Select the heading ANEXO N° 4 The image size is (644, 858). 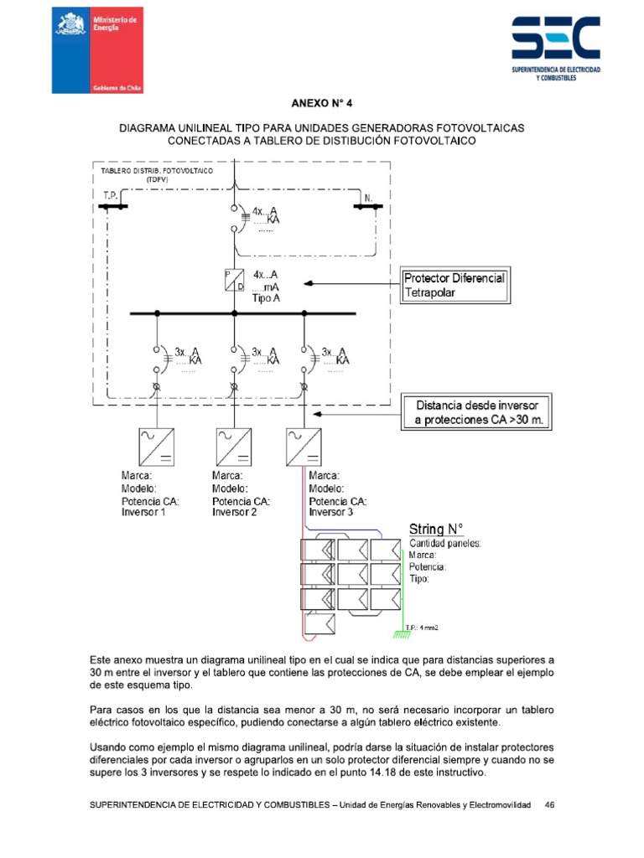322,105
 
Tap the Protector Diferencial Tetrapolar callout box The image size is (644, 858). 454,285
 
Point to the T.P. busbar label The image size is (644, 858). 109,195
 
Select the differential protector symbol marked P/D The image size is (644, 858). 232,280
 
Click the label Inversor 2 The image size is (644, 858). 234,512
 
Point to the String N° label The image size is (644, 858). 436,529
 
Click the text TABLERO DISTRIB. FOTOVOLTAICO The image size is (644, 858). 156,170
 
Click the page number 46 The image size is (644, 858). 550,804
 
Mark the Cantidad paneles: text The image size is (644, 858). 444,543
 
